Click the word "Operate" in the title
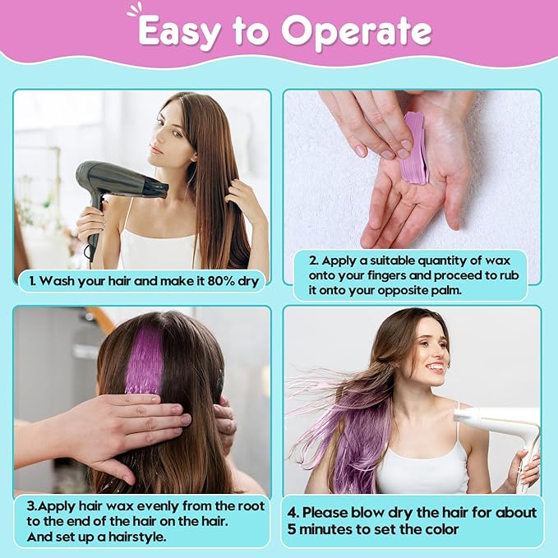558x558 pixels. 357,31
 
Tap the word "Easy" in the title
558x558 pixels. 179,32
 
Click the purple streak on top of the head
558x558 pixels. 145,359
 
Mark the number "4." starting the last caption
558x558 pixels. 293,513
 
